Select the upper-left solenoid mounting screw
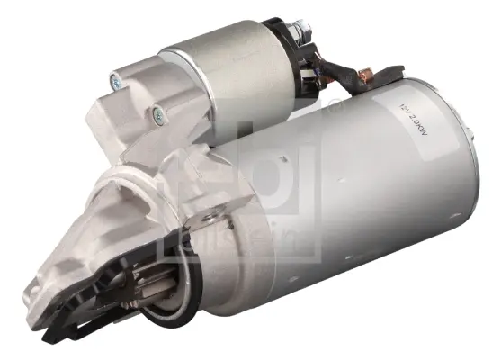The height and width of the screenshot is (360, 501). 117,84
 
